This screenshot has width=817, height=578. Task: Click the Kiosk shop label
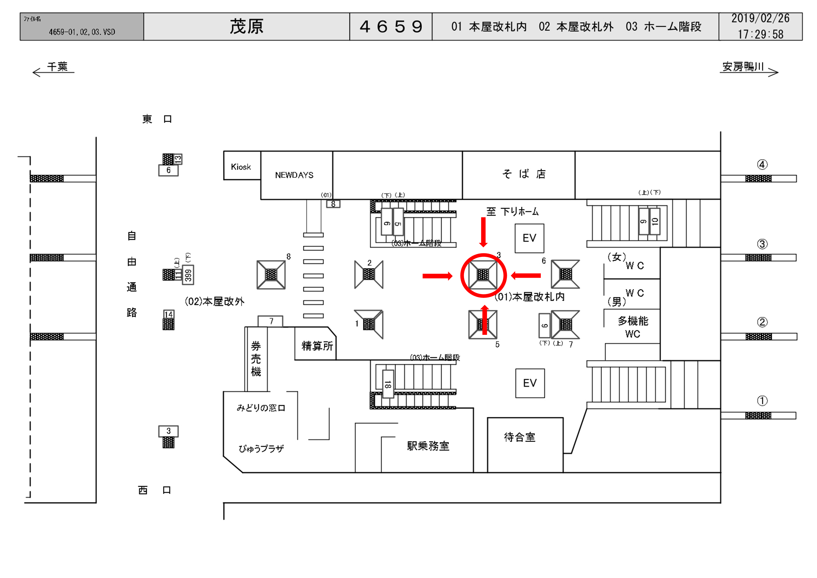pyautogui.click(x=240, y=167)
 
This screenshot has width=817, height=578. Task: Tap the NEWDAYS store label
pyautogui.click(x=294, y=175)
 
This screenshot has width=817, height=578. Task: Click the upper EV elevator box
pyautogui.click(x=529, y=238)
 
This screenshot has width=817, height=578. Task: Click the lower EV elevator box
pyautogui.click(x=530, y=383)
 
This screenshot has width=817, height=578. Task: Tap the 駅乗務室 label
pyautogui.click(x=428, y=446)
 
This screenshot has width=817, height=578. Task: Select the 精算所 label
pyautogui.click(x=317, y=346)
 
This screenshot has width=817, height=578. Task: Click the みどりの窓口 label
pyautogui.click(x=261, y=408)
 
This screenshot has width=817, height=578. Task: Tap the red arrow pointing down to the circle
pyautogui.click(x=483, y=232)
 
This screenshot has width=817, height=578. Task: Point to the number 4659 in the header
pyautogui.click(x=391, y=27)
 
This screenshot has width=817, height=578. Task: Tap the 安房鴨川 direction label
pyautogui.click(x=743, y=67)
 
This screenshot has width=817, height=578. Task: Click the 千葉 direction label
pyautogui.click(x=57, y=67)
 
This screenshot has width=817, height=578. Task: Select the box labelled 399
pyautogui.click(x=188, y=275)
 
